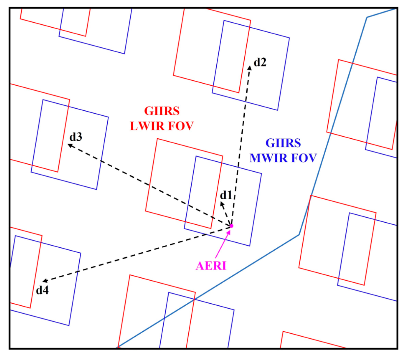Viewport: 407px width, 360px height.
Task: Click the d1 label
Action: pos(226,195)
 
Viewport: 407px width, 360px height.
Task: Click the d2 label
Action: pos(260,62)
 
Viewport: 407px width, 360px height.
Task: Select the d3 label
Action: pos(76,137)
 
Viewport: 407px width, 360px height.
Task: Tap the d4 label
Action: pos(42,290)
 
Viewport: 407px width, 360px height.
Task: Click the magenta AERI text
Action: pos(211,266)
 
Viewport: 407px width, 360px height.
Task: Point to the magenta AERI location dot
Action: pos(231,226)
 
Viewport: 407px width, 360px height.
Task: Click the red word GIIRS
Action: pos(162,111)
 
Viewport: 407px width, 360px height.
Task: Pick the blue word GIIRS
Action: pos(283,143)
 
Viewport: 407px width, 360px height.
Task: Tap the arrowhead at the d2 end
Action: pos(250,68)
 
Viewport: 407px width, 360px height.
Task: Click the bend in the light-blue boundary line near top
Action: pos(367,17)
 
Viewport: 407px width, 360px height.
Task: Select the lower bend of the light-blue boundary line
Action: pos(299,235)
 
